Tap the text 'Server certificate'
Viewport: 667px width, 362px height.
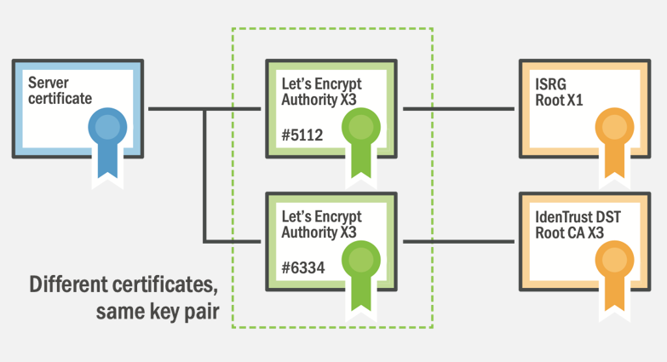(x=60, y=90)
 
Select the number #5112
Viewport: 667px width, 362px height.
(x=302, y=135)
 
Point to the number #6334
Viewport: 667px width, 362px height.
(x=303, y=268)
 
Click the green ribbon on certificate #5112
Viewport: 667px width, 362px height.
(x=360, y=143)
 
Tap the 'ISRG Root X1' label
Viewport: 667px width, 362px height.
(x=559, y=92)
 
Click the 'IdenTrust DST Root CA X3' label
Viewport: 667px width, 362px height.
(x=578, y=225)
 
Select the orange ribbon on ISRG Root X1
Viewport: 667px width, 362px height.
(x=614, y=143)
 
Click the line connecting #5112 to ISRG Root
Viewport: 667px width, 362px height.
(x=458, y=109)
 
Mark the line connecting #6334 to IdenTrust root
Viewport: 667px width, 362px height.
(x=458, y=242)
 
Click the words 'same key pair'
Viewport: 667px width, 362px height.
(x=158, y=312)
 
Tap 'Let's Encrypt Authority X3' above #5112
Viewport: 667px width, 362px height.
(x=321, y=92)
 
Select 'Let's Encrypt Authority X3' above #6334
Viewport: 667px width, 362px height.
(x=321, y=225)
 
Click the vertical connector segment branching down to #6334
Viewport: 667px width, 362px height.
(x=204, y=175)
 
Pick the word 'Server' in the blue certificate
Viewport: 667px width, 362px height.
(x=49, y=83)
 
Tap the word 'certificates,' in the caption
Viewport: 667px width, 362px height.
(x=165, y=284)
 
